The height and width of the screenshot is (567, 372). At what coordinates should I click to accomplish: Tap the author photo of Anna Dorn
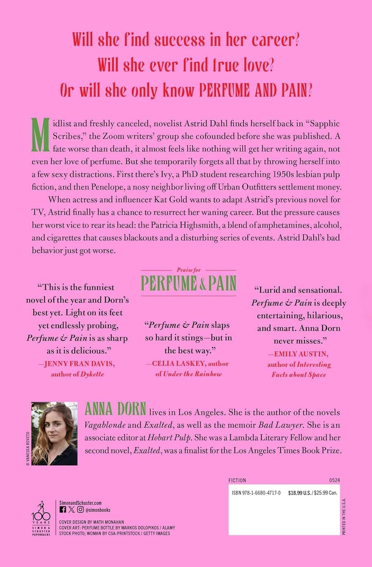point(54,434)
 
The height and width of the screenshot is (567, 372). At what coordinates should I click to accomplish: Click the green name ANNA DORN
point(115,409)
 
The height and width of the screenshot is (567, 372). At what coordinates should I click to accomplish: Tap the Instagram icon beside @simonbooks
point(80,510)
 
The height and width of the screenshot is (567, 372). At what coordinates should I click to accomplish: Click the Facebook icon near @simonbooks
point(63,510)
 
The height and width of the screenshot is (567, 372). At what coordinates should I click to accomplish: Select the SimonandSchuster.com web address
point(81,503)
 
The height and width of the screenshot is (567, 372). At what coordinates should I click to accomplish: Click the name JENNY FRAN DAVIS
point(79,364)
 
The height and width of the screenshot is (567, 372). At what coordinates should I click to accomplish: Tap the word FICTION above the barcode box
point(237,480)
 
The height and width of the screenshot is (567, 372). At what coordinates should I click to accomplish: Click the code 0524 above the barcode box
point(334,480)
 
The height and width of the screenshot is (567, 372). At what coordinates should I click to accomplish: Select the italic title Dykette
point(92,374)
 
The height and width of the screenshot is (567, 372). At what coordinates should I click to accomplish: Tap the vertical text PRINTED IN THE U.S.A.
point(344,516)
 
